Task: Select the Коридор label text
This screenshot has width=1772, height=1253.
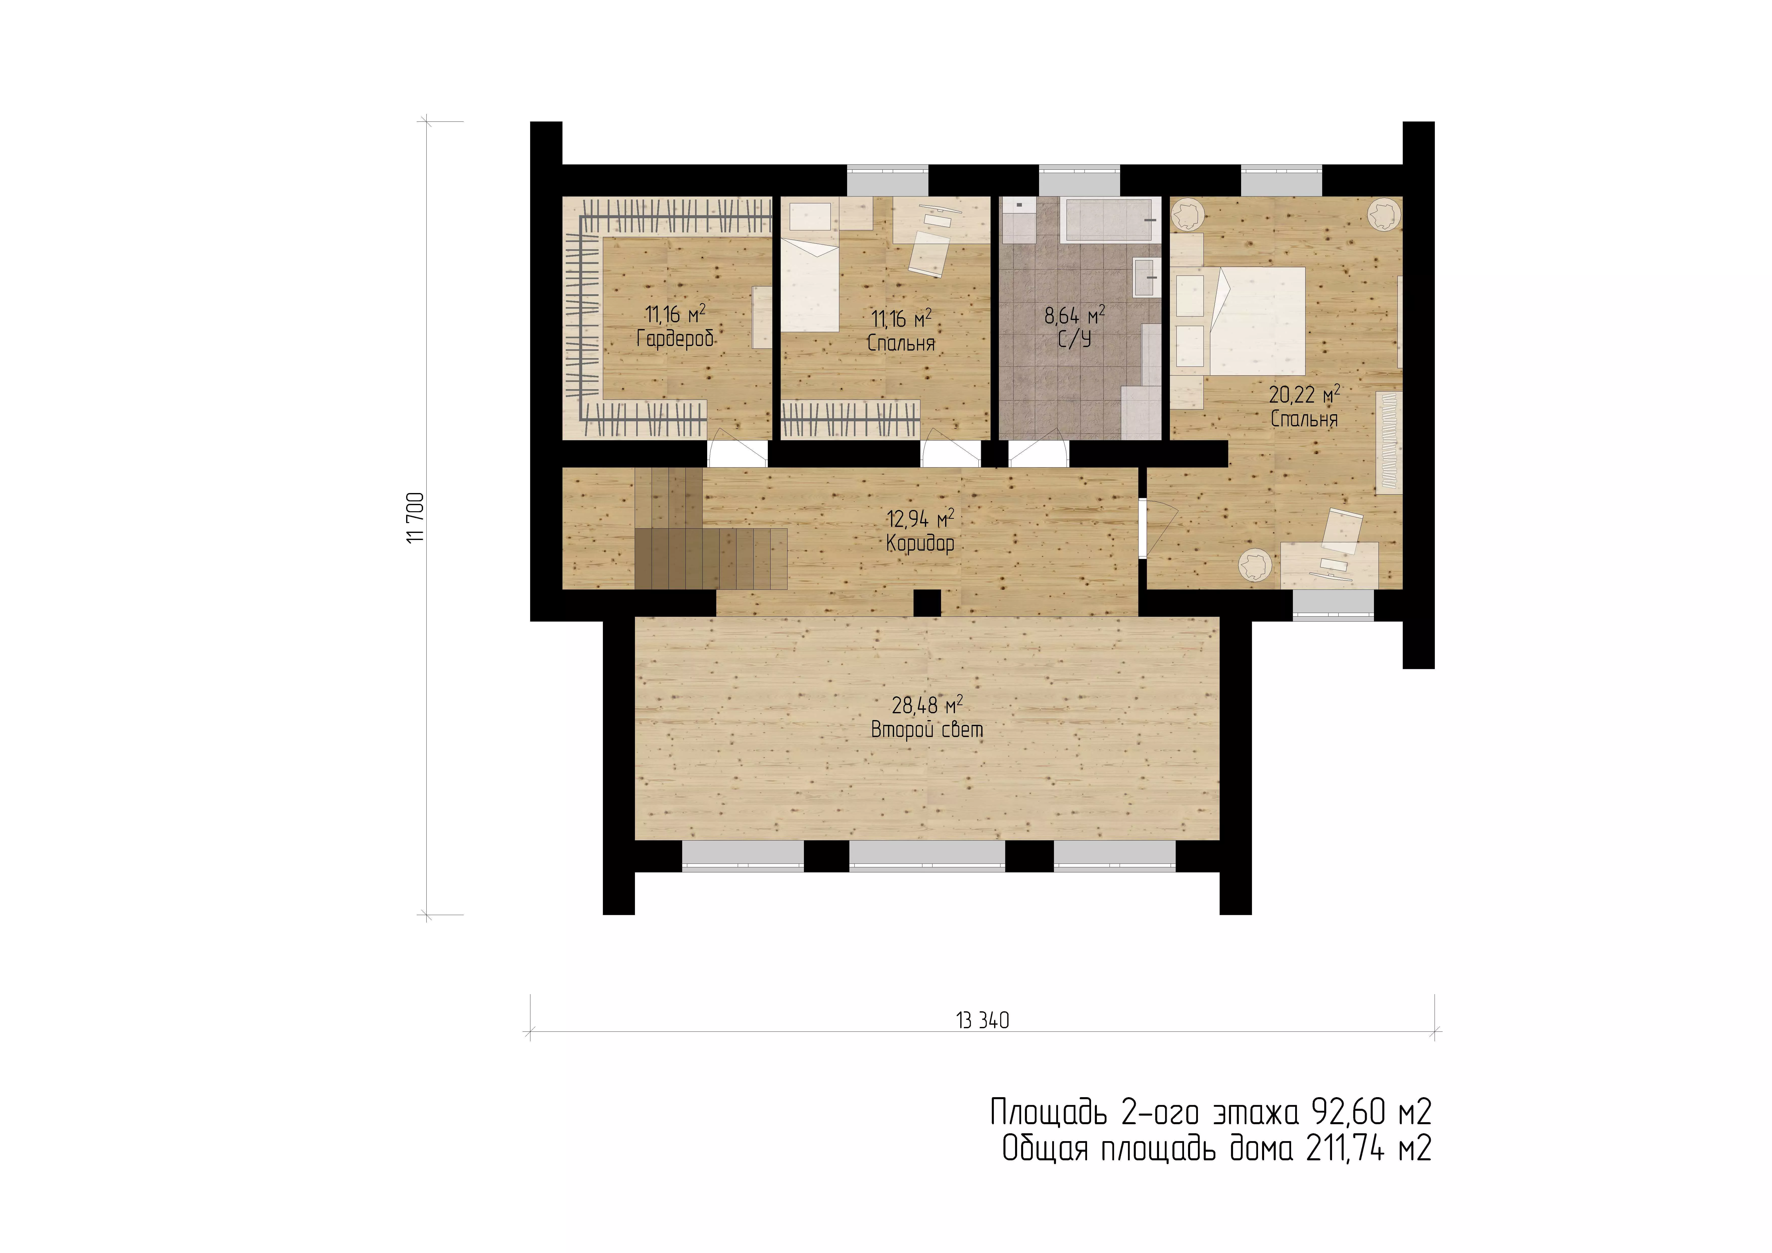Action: point(920,544)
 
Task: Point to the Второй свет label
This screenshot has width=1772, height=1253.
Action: point(927,730)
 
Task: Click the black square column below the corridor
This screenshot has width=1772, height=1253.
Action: point(927,603)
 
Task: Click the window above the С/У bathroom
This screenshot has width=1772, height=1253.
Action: point(1079,180)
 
